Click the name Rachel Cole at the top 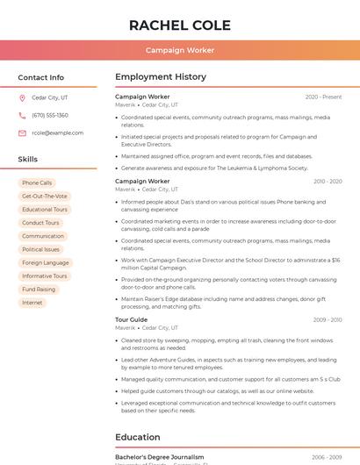(179, 25)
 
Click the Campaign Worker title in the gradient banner (179, 50)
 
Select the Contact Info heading (41, 77)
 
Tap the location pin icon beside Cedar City (22, 97)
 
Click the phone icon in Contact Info (22, 115)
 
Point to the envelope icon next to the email (22, 132)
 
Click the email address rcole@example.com (58, 132)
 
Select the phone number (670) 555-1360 (50, 115)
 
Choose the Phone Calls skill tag (37, 183)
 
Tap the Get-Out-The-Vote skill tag (45, 197)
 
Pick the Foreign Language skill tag (46, 262)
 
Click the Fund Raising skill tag (39, 290)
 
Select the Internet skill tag (32, 303)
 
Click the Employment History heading (161, 77)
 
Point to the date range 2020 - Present (323, 97)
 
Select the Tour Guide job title (132, 320)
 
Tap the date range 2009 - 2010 (327, 320)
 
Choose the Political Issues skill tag (41, 249)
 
